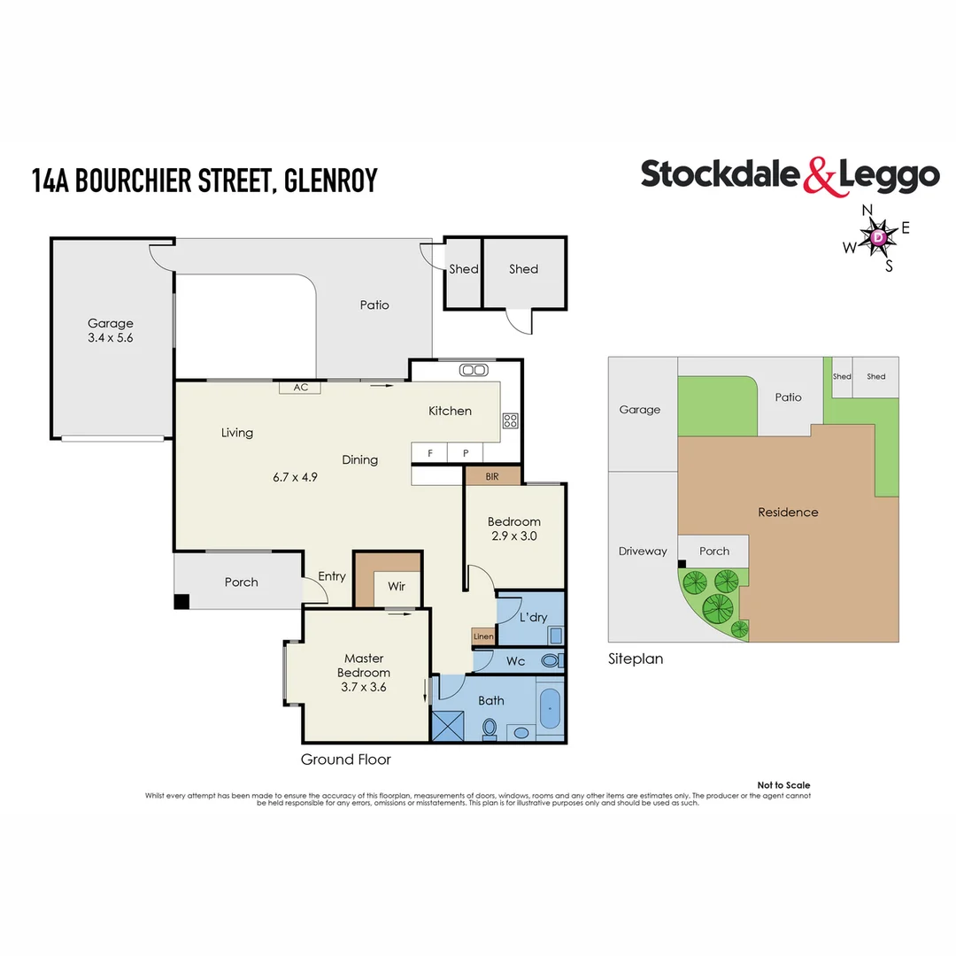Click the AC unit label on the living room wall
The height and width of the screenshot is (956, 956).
(300, 387)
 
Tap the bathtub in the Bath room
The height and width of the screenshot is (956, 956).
(550, 709)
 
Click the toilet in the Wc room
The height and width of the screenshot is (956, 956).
(550, 660)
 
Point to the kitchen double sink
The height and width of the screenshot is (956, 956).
(474, 370)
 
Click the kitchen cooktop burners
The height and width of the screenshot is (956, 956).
(510, 420)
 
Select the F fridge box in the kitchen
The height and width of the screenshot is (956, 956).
(430, 453)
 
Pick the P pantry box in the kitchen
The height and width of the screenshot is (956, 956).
(466, 453)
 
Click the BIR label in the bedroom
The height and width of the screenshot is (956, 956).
(492, 476)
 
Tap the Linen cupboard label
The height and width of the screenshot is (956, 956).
(483, 636)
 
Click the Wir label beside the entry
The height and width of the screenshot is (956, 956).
(396, 586)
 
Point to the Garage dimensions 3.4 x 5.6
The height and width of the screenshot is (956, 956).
(110, 337)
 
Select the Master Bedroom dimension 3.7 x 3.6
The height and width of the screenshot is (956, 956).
(364, 686)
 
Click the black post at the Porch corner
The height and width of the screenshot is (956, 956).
(181, 601)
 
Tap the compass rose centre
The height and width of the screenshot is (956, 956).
(878, 238)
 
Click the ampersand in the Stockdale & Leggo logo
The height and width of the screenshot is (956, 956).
(820, 175)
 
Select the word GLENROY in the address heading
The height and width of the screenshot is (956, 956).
(332, 180)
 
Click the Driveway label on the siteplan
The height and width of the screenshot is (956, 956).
(643, 551)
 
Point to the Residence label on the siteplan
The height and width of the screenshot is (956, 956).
(788, 512)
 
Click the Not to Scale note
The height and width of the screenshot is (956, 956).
(783, 785)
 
